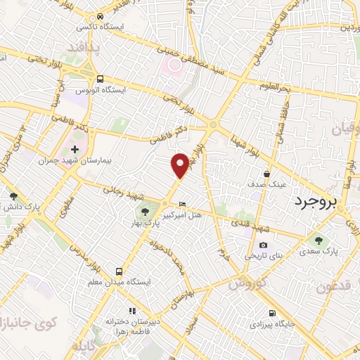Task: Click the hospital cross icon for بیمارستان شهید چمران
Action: pos(75,150)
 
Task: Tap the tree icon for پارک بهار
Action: pos(144,210)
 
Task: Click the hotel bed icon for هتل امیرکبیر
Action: pos(183,204)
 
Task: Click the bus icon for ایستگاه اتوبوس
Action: pos(101,79)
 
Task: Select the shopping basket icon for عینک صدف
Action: pos(267,173)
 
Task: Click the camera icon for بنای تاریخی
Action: pos(263,245)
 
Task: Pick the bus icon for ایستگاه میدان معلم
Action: pos(119,271)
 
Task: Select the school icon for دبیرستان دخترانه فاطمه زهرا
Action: pos(131,310)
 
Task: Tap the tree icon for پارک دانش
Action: pos(13,196)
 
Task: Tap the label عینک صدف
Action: pos(269,184)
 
